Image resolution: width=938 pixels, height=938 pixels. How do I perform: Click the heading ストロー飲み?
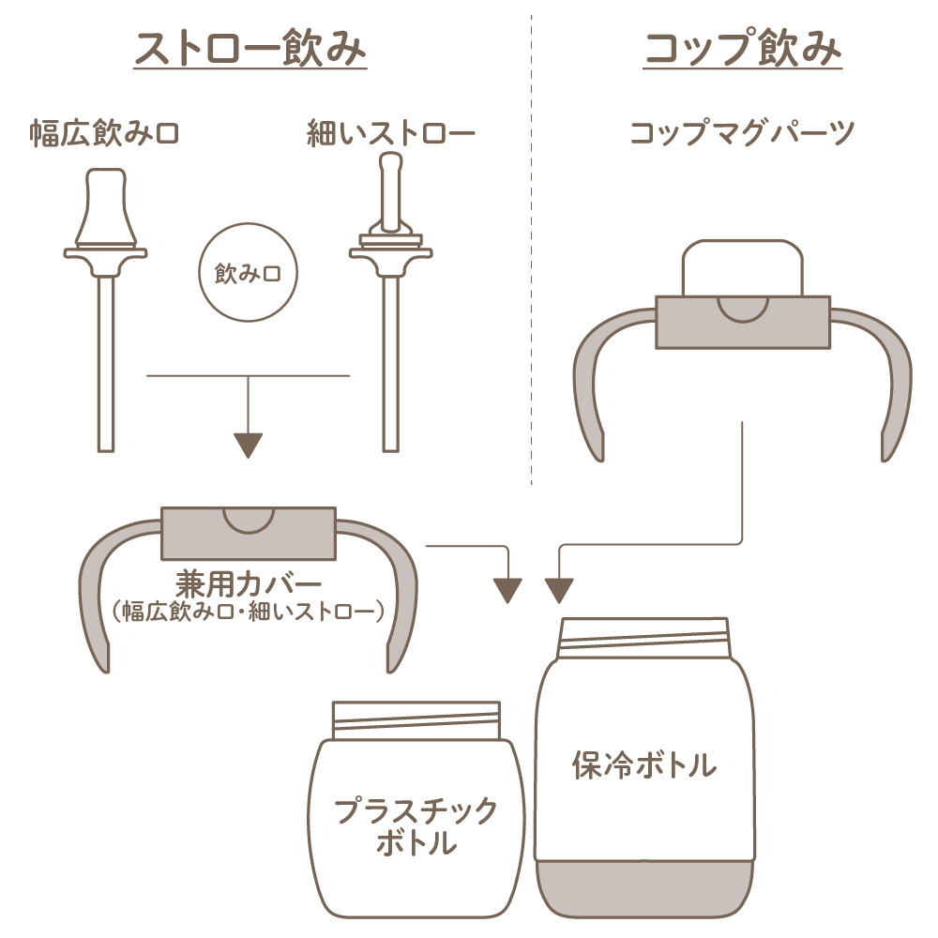pyautogui.click(x=250, y=50)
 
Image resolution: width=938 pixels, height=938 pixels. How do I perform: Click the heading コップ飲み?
pyautogui.click(x=742, y=50)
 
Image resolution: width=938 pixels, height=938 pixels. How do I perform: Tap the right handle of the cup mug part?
pyautogui.click(x=891, y=375)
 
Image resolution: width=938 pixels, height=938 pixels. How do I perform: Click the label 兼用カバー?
pyautogui.click(x=249, y=582)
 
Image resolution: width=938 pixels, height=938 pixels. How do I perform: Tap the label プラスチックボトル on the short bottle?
pyautogui.click(x=416, y=825)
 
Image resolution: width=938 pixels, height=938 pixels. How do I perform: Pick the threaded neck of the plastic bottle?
pyautogui.click(x=416, y=721)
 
